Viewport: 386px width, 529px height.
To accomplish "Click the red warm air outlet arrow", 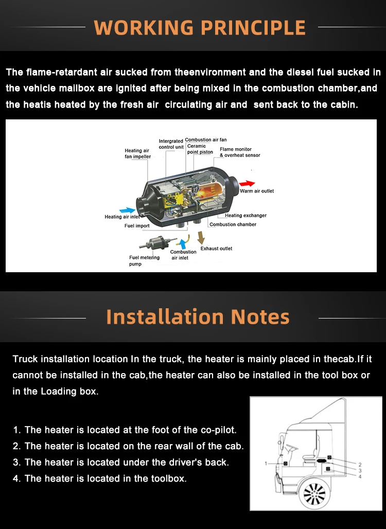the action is tap(247, 184).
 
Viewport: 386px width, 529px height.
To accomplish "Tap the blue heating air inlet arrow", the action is tap(128, 210).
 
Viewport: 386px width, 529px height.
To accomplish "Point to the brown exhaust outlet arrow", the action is tap(201, 238).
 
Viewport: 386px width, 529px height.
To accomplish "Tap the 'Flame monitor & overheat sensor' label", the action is tap(240, 152).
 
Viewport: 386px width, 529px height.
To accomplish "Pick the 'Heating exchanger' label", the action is tap(245, 215).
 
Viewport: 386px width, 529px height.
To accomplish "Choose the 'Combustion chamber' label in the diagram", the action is tap(233, 224).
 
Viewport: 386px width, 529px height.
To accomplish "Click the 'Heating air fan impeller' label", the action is tap(137, 153).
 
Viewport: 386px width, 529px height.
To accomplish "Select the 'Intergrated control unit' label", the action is tap(171, 144).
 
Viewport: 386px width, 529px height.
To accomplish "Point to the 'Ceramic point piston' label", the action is tap(200, 149).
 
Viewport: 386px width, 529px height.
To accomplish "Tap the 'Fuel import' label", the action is tap(137, 226).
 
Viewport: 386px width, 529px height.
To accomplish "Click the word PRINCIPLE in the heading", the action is tap(253, 28).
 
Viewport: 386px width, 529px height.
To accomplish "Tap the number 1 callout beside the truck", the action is tap(266, 464).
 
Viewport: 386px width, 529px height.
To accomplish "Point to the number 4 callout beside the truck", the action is tap(360, 477).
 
